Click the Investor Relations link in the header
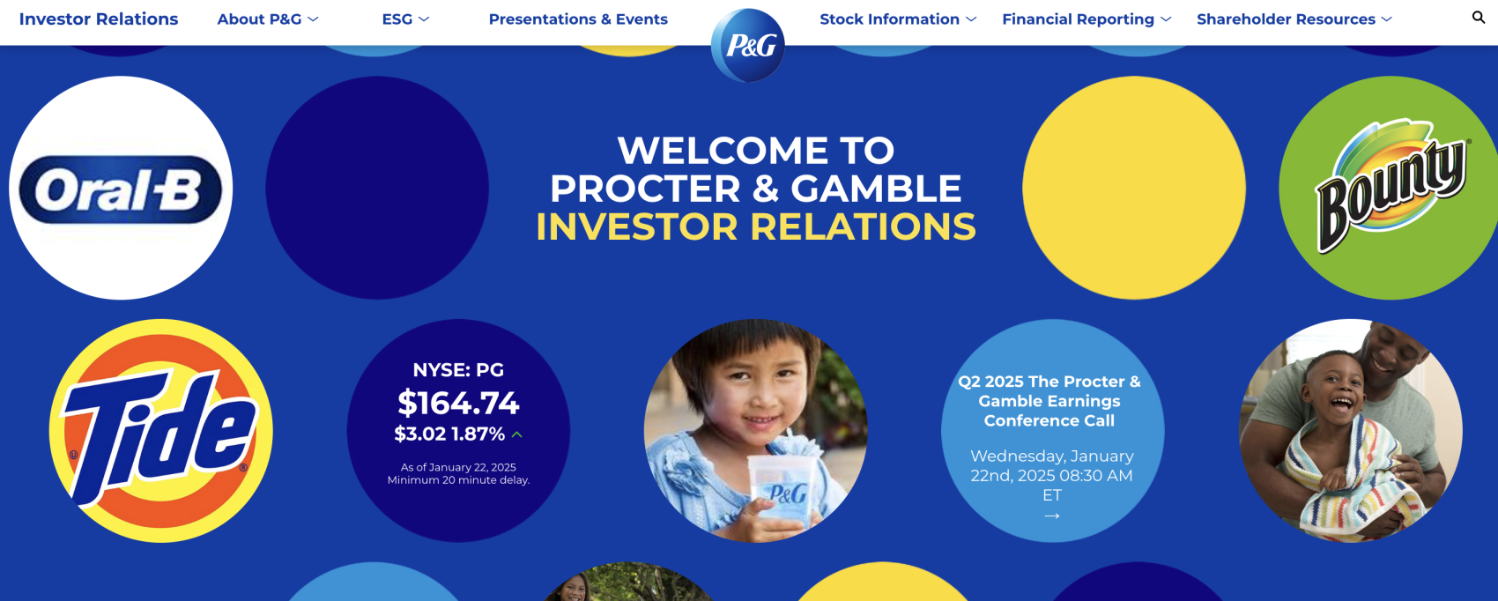(99, 19)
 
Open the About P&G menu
(268, 19)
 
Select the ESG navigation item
(405, 19)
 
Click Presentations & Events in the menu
(578, 19)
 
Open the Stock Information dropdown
(897, 19)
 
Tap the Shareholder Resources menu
(1294, 19)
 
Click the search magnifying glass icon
(1478, 18)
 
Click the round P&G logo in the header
(747, 46)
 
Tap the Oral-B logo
(121, 189)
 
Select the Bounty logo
(1392, 186)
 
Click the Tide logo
(160, 431)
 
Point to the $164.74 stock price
(458, 403)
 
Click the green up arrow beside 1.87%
(517, 434)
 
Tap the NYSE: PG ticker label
(458, 370)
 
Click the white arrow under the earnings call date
(1052, 516)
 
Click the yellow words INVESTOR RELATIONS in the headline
(756, 227)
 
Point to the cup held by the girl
(781, 493)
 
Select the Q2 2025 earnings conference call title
(1049, 401)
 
